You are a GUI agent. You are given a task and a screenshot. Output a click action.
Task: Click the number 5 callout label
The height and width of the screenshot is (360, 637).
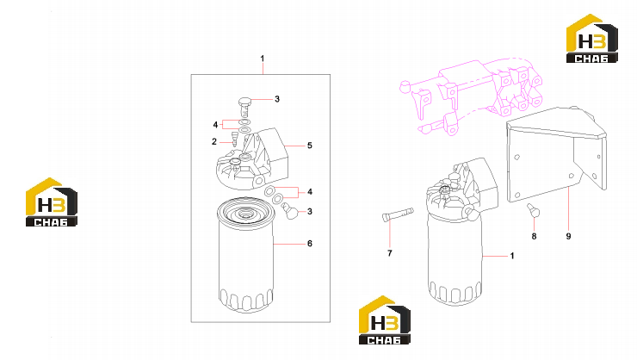coord(310,146)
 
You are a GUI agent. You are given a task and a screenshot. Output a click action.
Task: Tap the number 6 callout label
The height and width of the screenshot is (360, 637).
coord(310,244)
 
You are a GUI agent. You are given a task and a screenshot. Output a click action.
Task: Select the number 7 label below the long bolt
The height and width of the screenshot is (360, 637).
coord(390,253)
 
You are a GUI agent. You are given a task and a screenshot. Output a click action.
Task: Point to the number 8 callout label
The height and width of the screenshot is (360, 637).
coord(534,236)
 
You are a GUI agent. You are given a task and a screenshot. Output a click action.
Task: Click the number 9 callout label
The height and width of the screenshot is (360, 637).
coord(568,236)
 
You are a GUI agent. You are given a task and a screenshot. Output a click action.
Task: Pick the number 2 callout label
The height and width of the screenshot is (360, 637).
coord(214,142)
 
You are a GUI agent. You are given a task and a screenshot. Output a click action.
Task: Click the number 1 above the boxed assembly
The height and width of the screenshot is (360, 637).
coord(263,59)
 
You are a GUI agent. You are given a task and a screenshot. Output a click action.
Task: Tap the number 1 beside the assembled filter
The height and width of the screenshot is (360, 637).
coord(512,256)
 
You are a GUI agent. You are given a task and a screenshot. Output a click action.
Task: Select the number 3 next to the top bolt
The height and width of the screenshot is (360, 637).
coord(277,99)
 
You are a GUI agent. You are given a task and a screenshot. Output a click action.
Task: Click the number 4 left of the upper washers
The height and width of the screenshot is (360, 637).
coord(215,125)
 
